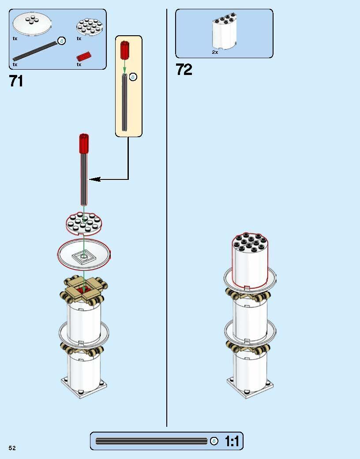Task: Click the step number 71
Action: [16, 81]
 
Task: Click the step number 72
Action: [184, 70]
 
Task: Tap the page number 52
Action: [12, 448]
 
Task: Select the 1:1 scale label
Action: [232, 441]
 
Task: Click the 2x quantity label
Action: [215, 52]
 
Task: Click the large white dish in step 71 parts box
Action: [32, 24]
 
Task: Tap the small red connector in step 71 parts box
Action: [84, 56]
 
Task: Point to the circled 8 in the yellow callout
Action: [133, 77]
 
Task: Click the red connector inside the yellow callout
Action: [124, 50]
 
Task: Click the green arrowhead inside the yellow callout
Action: [124, 70]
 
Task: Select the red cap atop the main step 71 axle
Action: [84, 143]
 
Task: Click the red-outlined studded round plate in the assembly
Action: [84, 224]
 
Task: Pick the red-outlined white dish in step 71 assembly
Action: [84, 254]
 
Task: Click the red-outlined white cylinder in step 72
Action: [250, 261]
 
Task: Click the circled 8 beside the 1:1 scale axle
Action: [214, 441]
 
